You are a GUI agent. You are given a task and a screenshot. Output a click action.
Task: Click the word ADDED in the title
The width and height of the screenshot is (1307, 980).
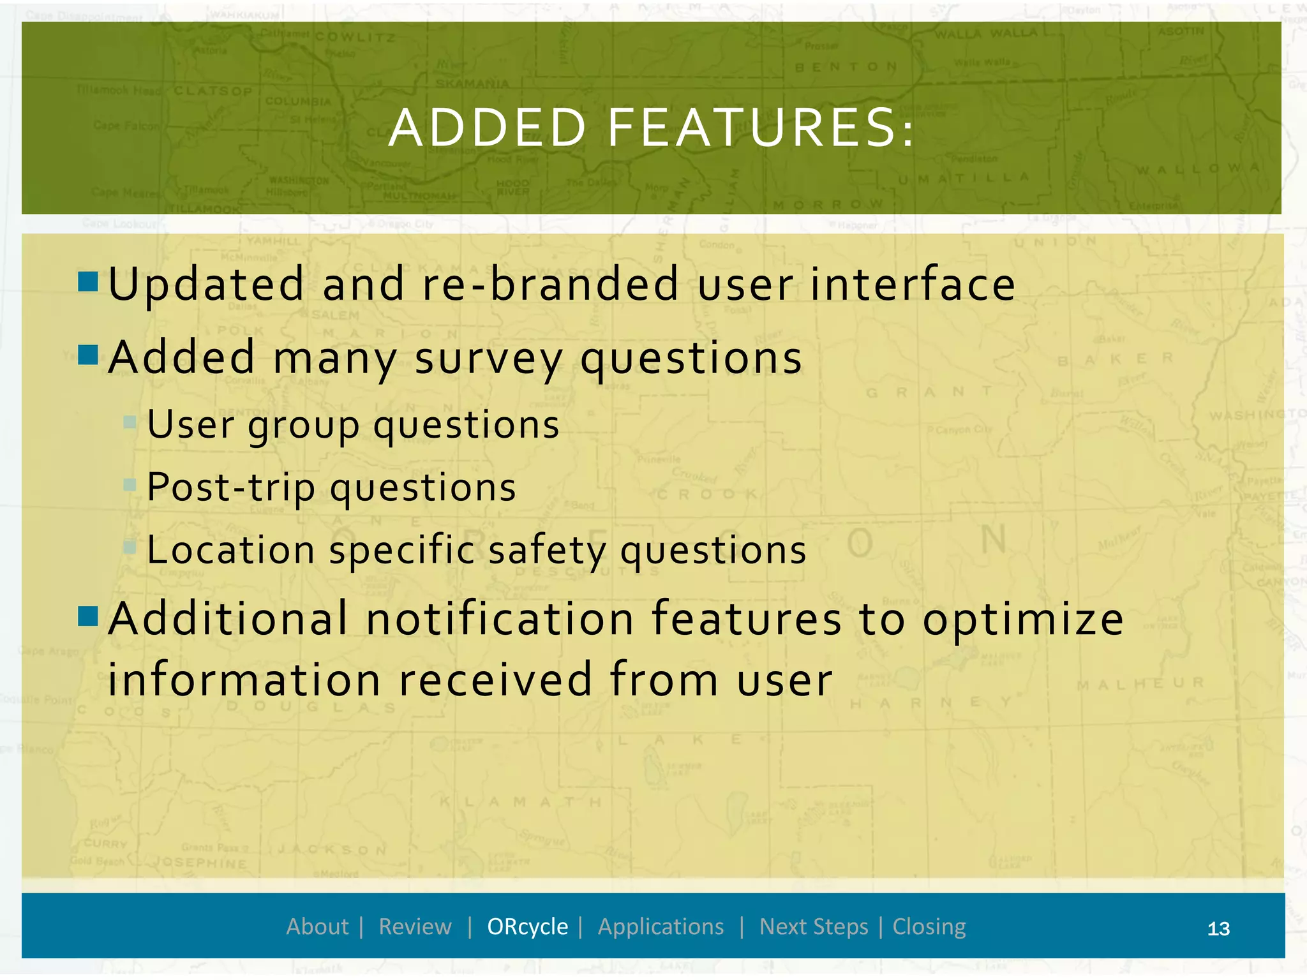click(x=488, y=128)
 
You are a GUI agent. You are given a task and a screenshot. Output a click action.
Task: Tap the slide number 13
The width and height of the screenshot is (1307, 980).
click(x=1218, y=928)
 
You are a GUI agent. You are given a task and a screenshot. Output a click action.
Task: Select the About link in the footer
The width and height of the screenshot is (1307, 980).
click(x=317, y=926)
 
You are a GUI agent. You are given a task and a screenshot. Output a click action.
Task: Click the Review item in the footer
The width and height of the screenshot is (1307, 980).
click(x=415, y=926)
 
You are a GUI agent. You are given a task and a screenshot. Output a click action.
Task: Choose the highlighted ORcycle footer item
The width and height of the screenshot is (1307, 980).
click(x=527, y=926)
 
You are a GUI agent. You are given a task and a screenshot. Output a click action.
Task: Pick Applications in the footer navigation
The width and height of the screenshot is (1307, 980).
click(x=661, y=926)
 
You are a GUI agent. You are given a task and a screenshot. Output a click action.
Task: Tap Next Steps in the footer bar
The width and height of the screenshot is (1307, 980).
click(x=814, y=926)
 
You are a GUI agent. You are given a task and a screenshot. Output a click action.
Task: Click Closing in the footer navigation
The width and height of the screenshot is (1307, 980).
click(x=929, y=926)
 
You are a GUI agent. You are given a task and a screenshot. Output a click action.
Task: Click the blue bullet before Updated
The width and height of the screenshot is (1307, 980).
click(x=88, y=281)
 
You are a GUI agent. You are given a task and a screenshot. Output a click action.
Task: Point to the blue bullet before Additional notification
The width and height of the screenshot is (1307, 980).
click(x=88, y=616)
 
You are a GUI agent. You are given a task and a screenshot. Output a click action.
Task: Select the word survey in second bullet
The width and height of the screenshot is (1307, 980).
click(x=488, y=359)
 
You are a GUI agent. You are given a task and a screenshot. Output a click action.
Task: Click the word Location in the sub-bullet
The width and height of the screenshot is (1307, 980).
click(x=230, y=550)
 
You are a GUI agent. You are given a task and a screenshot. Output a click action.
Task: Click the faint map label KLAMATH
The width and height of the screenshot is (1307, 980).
click(x=521, y=802)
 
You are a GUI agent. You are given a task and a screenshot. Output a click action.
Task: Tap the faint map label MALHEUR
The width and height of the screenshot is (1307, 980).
click(x=1140, y=683)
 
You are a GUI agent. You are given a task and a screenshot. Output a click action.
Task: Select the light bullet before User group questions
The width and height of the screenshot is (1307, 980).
click(x=130, y=422)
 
